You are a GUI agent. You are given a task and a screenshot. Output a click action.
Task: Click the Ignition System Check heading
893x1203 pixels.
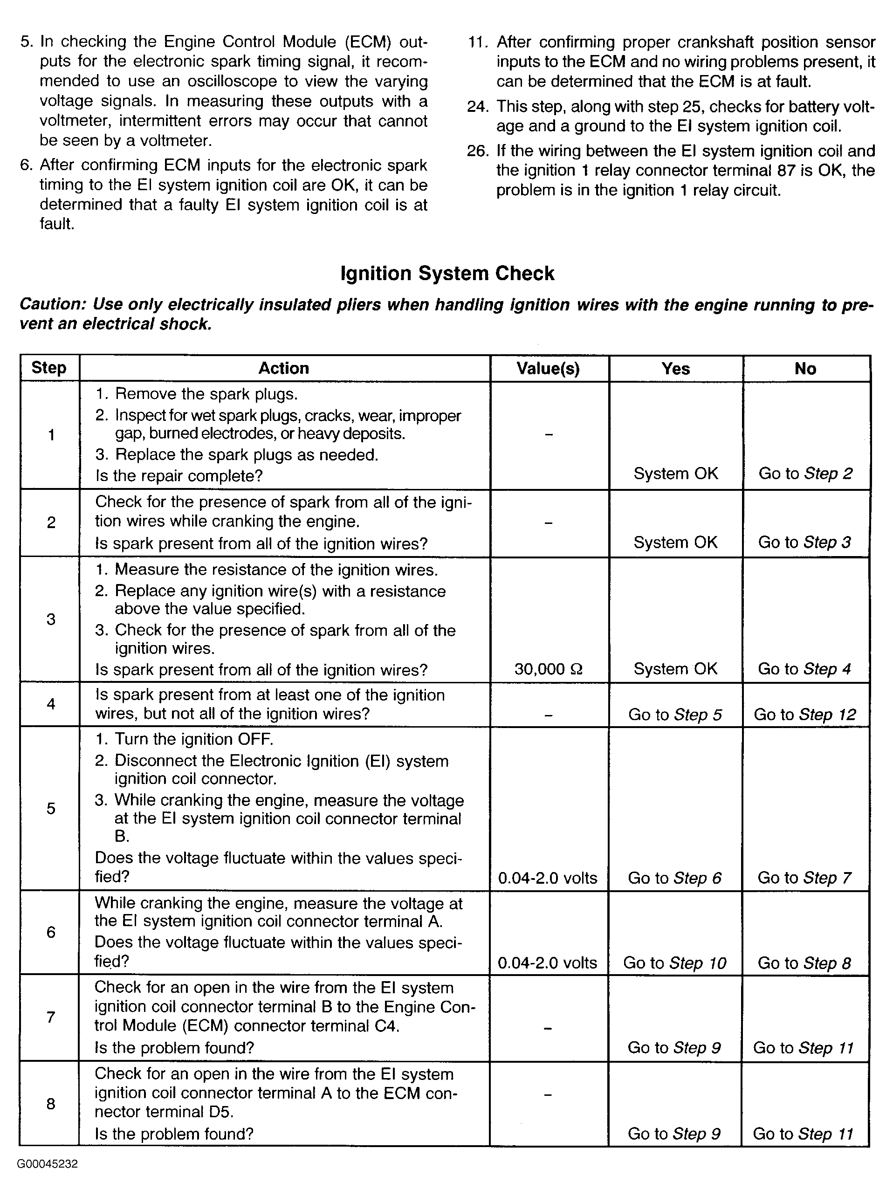pyautogui.click(x=447, y=274)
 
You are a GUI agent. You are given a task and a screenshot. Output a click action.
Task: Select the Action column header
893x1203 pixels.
pyautogui.click(x=283, y=368)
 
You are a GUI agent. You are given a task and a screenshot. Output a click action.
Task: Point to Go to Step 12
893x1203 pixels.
pyautogui.click(x=804, y=715)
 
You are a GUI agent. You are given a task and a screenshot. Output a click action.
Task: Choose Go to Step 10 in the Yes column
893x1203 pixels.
pyautogui.click(x=674, y=963)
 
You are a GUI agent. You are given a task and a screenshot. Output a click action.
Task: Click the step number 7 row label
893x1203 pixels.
pyautogui.click(x=51, y=1017)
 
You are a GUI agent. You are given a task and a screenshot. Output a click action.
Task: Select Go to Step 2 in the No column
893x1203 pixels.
pyautogui.click(x=805, y=474)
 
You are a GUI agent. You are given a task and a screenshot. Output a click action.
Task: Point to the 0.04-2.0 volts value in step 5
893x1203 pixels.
pyautogui.click(x=548, y=878)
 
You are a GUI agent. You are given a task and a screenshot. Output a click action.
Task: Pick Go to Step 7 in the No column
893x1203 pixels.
pyautogui.click(x=804, y=878)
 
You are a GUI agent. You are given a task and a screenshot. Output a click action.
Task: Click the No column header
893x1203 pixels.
pyautogui.click(x=805, y=369)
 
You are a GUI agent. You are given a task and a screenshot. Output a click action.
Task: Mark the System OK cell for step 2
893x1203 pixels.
pyautogui.click(x=675, y=542)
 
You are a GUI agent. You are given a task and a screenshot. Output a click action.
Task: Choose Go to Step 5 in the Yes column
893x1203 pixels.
pyautogui.click(x=674, y=715)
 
